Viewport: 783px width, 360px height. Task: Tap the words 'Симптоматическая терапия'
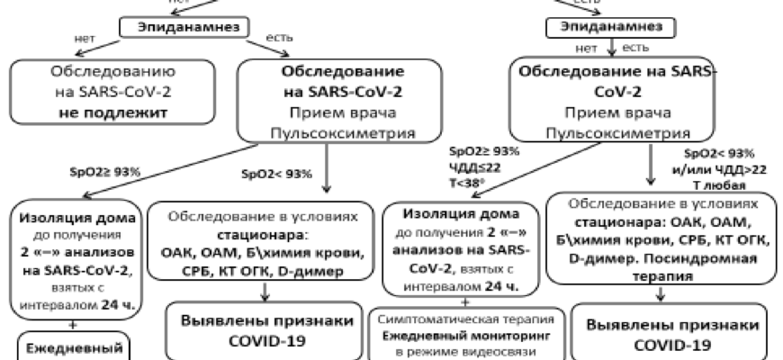pyautogui.click(x=467, y=320)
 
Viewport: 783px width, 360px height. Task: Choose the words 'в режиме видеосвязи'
pyautogui.click(x=467, y=351)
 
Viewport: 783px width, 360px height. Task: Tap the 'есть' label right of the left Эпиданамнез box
pyautogui.click(x=280, y=38)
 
